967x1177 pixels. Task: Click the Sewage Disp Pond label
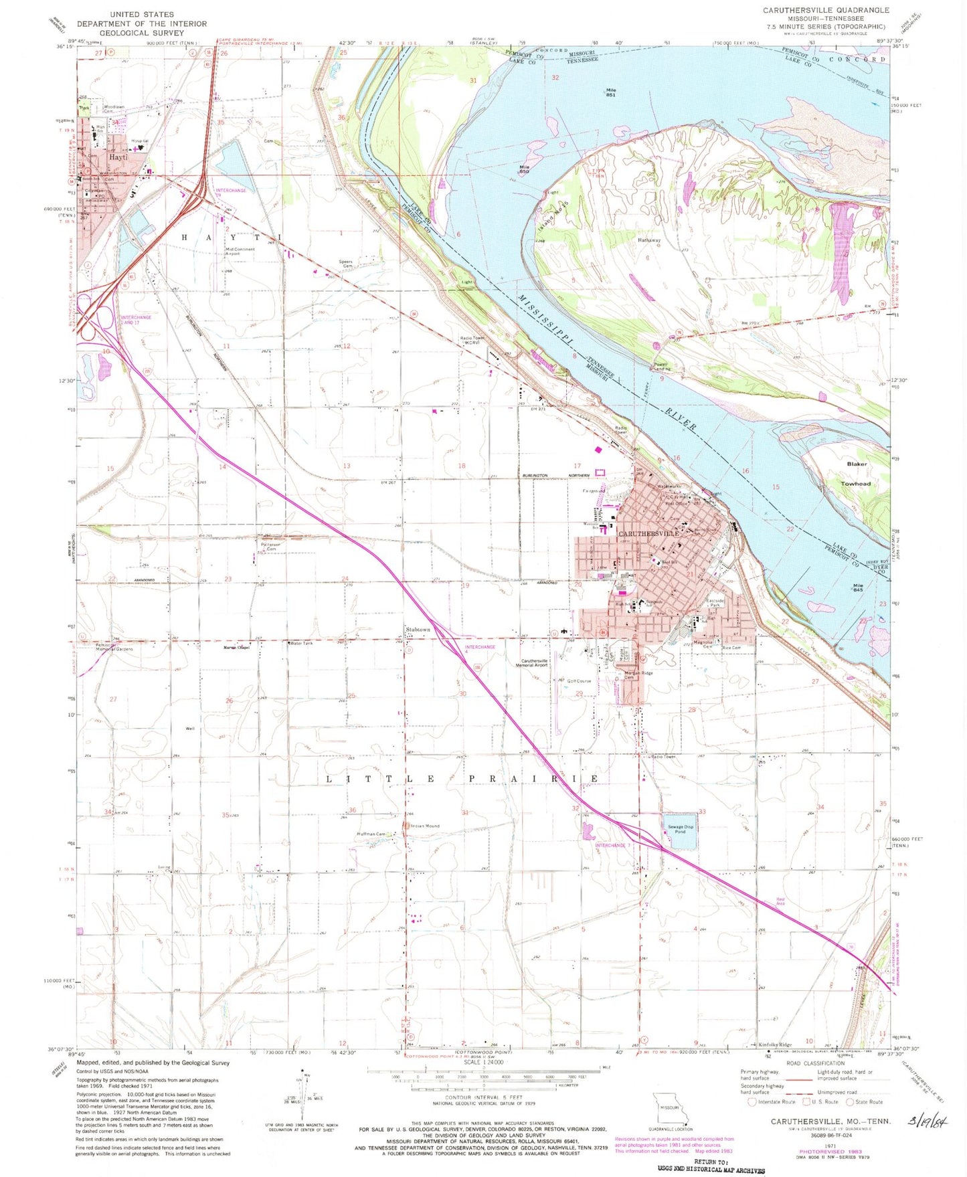click(x=680, y=830)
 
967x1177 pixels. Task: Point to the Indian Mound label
click(x=425, y=826)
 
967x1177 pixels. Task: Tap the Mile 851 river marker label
click(x=611, y=92)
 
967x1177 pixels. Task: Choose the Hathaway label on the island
click(x=649, y=240)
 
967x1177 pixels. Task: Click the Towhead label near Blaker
click(x=856, y=483)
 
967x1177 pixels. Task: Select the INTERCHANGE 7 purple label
click(x=612, y=845)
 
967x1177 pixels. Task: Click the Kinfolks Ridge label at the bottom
click(x=775, y=1045)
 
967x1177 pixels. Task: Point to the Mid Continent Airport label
click(x=240, y=252)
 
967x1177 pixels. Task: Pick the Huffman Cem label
click(x=371, y=834)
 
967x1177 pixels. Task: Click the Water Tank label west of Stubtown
click(x=300, y=644)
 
